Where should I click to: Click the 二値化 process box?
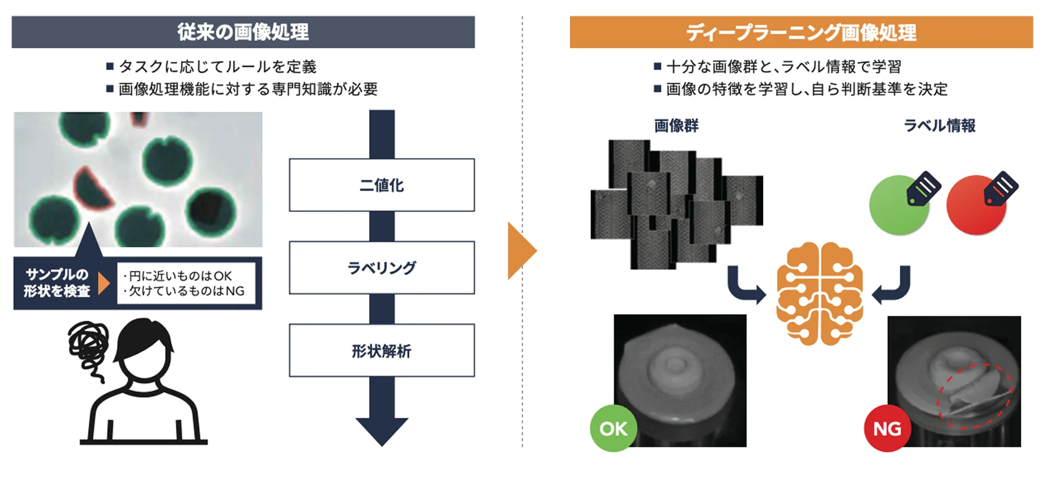pos(382,185)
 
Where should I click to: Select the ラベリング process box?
pos(382,268)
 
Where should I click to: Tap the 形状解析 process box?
pos(382,350)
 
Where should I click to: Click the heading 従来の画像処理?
pos(243,32)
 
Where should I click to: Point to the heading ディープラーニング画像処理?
pos(801,33)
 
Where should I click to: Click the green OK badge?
pos(613,429)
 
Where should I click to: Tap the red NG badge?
pos(887,429)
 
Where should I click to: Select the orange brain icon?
pos(820,293)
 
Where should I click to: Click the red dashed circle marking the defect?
pos(975,396)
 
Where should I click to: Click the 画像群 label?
pos(676,126)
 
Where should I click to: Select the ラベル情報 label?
pos(939,126)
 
